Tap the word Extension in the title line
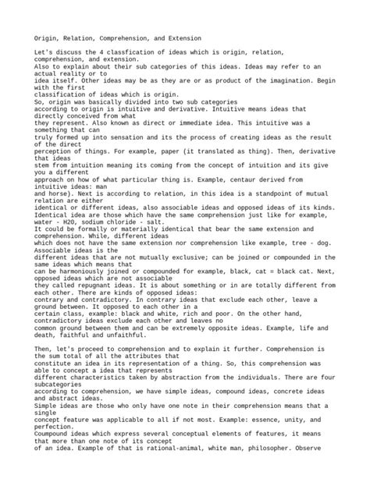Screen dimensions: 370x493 185,37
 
